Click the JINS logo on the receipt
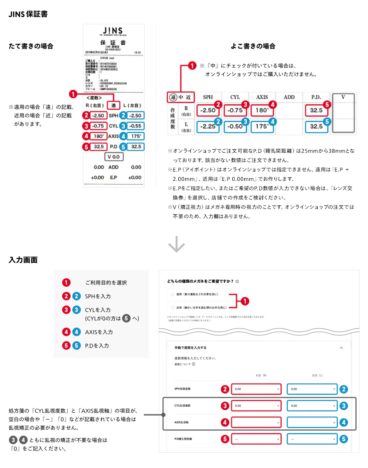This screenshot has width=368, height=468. point(114,32)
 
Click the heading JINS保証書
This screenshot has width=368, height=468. point(28,14)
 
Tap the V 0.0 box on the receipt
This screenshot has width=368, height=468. point(114,157)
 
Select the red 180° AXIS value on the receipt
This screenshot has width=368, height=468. point(99,136)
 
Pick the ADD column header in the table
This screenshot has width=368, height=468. point(289,97)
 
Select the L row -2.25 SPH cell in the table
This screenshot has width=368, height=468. point(208,126)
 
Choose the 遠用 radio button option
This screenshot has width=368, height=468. point(172,294)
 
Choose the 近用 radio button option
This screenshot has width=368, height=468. point(172,307)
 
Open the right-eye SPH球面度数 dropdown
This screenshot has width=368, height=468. point(257,389)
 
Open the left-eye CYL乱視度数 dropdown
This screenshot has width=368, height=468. point(312,406)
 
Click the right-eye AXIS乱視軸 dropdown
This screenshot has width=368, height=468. point(257,422)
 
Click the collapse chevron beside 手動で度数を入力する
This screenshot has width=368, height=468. point(341,348)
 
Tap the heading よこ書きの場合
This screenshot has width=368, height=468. point(253,46)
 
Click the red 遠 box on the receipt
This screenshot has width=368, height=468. point(114,105)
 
